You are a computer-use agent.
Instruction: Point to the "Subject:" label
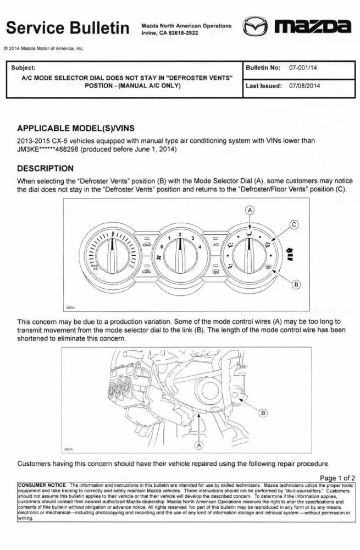pyautogui.click(x=23, y=68)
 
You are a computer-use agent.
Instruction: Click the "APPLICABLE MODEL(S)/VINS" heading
pyautogui.click(x=75, y=128)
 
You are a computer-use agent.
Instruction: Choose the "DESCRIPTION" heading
pyautogui.click(x=45, y=168)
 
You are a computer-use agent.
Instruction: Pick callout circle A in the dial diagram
pyautogui.click(x=250, y=210)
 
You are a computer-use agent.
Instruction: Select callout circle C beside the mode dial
pyautogui.click(x=294, y=224)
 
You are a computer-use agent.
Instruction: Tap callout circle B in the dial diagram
pyautogui.click(x=296, y=284)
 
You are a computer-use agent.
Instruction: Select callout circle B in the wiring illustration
pyautogui.click(x=263, y=413)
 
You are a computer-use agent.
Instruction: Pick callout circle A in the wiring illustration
pyautogui.click(x=200, y=444)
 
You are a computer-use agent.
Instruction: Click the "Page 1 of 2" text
pyautogui.click(x=337, y=477)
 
